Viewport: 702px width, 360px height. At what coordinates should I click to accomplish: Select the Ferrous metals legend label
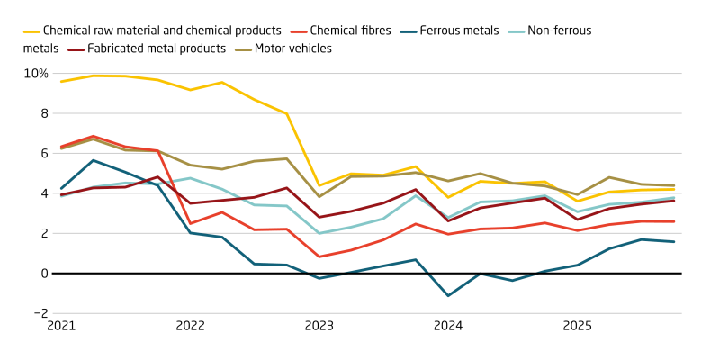point(459,31)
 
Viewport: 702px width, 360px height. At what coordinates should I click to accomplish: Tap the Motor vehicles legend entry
point(292,49)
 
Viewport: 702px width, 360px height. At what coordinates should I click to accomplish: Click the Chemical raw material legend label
point(162,31)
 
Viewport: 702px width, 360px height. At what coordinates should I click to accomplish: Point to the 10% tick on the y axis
point(36,73)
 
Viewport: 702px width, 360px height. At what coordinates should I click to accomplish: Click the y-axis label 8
point(42,113)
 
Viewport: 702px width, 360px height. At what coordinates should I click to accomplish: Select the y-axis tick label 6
point(42,153)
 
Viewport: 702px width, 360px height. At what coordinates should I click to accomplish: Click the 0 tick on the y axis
point(42,274)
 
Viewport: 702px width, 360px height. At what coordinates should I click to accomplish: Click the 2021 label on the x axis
point(61,325)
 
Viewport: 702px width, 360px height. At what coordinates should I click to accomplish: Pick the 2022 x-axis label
point(190,325)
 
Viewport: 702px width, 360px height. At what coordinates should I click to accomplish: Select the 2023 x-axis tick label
point(319,325)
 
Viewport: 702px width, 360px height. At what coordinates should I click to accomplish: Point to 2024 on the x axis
point(447,325)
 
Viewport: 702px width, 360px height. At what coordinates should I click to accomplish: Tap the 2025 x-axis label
point(576,325)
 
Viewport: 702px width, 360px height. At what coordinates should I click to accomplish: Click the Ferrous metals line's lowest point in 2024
point(447,295)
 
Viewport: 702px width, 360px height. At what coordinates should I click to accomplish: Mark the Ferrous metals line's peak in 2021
point(94,160)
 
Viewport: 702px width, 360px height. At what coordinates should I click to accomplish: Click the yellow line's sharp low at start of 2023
point(319,185)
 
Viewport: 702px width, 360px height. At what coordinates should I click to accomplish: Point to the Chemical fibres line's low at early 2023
point(319,256)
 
